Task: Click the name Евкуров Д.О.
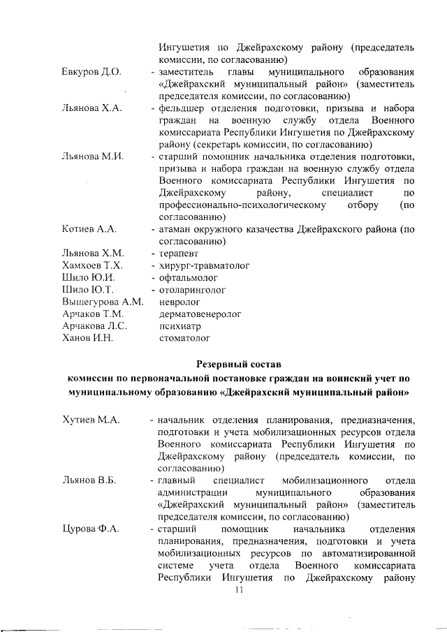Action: pyautogui.click(x=91, y=72)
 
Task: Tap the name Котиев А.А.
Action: pyautogui.click(x=89, y=229)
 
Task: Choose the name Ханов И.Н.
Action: pyautogui.click(x=87, y=338)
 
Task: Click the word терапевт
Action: pyautogui.click(x=179, y=253)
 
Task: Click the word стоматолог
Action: pyautogui.click(x=185, y=338)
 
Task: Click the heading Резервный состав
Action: pyautogui.click(x=237, y=363)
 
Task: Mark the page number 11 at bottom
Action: pyautogui.click(x=238, y=590)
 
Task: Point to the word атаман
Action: pyautogui.click(x=176, y=229)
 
